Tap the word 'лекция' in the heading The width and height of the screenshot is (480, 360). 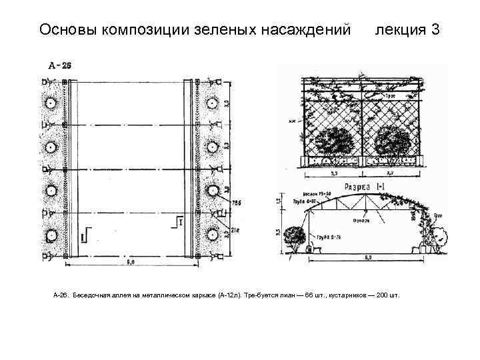(x=399, y=30)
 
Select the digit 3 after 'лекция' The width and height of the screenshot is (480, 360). (x=435, y=30)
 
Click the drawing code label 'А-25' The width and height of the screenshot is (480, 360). (x=61, y=65)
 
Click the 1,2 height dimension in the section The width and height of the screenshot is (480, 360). (x=278, y=198)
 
